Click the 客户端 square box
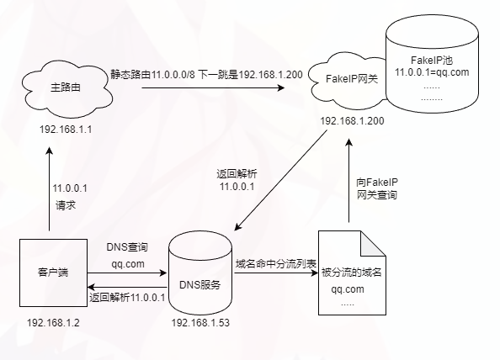[49, 273]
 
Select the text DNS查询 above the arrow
[127, 247]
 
